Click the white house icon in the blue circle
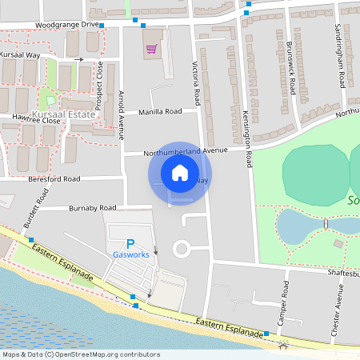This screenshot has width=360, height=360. [179, 172]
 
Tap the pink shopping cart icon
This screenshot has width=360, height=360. [150, 49]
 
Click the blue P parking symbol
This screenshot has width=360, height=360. [130, 244]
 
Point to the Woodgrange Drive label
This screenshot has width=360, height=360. [73, 25]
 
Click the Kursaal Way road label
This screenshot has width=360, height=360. [22, 54]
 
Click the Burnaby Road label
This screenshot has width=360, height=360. [92, 208]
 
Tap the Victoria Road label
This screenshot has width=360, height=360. [195, 83]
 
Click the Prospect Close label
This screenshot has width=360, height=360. [100, 79]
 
